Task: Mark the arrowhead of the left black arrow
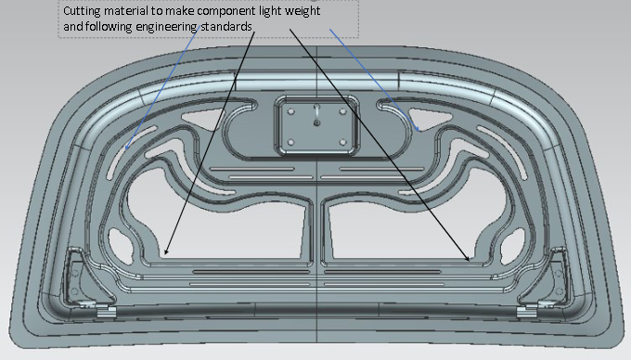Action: point(166,253)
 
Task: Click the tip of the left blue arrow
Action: point(125,148)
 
